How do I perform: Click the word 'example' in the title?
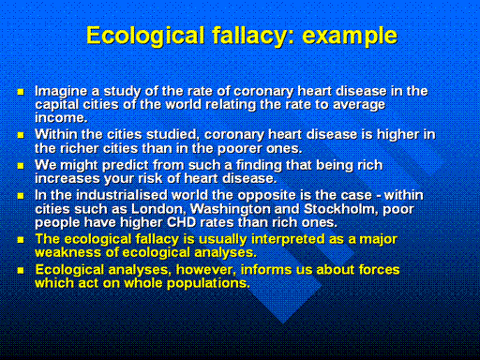point(350,36)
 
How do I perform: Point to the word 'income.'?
point(61,118)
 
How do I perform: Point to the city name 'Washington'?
point(231,209)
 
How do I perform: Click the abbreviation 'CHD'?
point(181,222)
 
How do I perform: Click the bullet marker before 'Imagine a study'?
point(21,92)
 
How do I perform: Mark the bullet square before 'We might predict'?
point(21,166)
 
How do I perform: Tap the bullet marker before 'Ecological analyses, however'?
point(21,270)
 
